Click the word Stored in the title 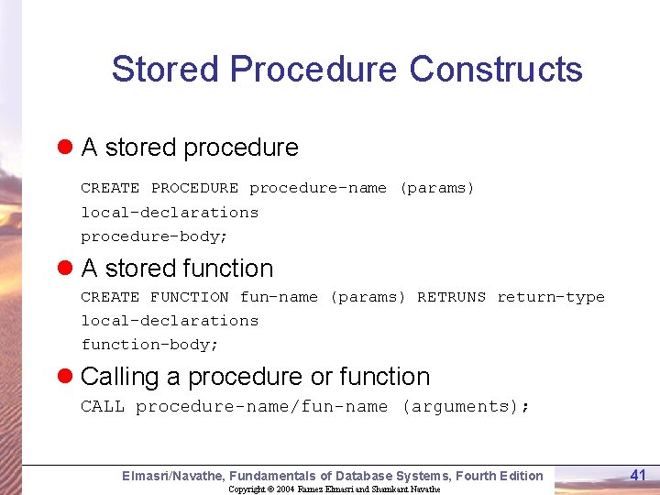click(166, 70)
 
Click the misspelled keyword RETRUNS click(451, 297)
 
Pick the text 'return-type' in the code click(551, 297)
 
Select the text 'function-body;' click(149, 345)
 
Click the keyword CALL click(102, 406)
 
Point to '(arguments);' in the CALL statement click(465, 406)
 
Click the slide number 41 click(638, 474)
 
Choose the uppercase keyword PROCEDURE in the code click(194, 188)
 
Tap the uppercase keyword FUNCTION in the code click(189, 297)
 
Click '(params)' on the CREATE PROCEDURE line click(436, 188)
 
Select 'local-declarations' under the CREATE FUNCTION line click(170, 321)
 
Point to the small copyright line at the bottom click(334, 489)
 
